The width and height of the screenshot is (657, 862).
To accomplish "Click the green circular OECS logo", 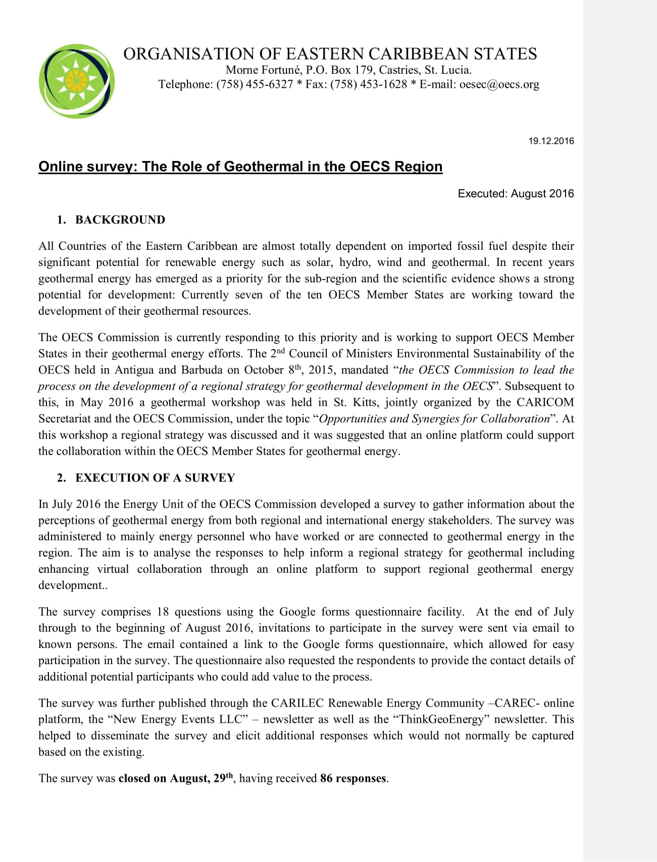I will [76, 81].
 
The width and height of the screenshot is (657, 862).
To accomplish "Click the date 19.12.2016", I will [551, 141].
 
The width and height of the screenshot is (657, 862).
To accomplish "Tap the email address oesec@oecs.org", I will [499, 84].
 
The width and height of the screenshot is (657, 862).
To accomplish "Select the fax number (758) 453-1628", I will [369, 84].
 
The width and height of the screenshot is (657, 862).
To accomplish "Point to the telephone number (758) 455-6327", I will [255, 84].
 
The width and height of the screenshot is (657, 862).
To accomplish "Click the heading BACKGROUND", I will [120, 220].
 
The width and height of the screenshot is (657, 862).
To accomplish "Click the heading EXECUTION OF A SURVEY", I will [155, 477].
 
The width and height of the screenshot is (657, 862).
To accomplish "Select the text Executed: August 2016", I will [516, 193].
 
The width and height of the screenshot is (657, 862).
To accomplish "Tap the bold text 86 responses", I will [353, 778].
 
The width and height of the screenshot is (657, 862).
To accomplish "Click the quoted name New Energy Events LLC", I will [178, 719].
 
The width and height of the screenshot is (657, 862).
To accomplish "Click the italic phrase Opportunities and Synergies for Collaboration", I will [434, 418].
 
